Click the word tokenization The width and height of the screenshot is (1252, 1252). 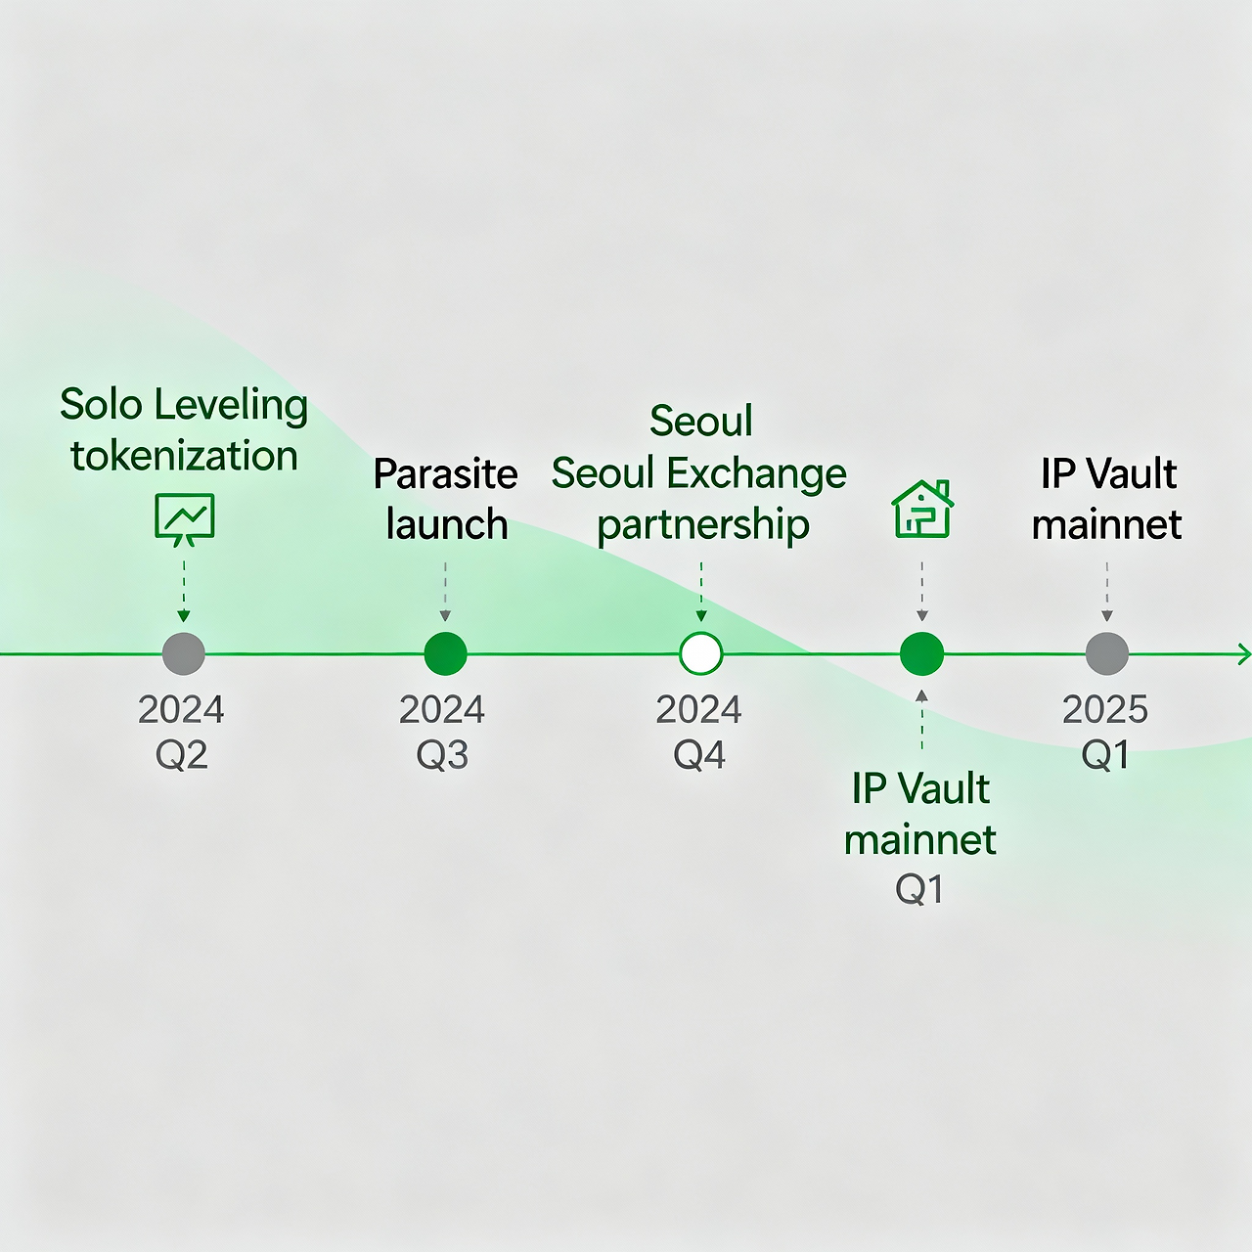[184, 456]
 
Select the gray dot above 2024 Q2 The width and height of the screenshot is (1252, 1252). [184, 653]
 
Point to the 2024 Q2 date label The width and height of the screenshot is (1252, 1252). [182, 732]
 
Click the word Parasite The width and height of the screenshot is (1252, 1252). [445, 474]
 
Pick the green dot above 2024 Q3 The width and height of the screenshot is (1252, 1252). [445, 653]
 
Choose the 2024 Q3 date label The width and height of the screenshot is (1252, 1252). [442, 732]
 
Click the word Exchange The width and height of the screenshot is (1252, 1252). [757, 474]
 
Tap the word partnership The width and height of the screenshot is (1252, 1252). [703, 525]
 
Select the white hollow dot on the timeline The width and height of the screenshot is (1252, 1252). [700, 653]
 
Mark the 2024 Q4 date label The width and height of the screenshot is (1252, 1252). [699, 732]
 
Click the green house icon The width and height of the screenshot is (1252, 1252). [922, 509]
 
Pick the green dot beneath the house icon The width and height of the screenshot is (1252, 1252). [921, 653]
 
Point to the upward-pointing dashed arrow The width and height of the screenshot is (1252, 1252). [921, 719]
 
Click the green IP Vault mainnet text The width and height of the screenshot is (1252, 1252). [920, 814]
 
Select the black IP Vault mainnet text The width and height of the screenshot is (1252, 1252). [1107, 499]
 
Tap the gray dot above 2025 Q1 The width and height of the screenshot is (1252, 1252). [1107, 653]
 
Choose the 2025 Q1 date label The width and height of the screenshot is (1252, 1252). [1105, 732]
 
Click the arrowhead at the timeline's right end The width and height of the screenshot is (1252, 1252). [1244, 653]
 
